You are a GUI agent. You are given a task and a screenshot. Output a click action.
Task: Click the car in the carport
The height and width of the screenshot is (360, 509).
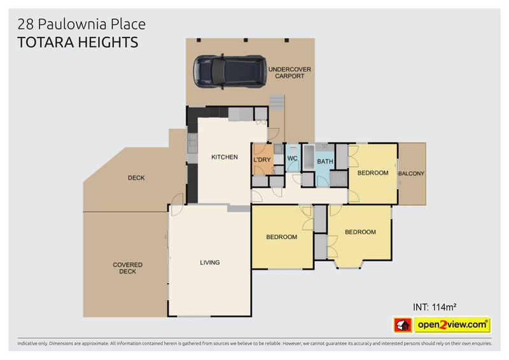pyautogui.click(x=230, y=72)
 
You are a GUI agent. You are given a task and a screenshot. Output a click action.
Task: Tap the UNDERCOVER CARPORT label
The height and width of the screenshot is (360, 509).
pyautogui.click(x=289, y=73)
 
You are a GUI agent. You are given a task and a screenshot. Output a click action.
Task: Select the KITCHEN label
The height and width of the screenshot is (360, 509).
pyautogui.click(x=225, y=157)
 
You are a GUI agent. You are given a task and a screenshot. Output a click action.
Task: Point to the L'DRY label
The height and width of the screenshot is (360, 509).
pyautogui.click(x=261, y=160)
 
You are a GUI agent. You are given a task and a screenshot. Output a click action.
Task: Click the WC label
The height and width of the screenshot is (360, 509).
pyautogui.click(x=292, y=158)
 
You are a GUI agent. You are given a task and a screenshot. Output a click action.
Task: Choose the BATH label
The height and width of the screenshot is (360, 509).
pyautogui.click(x=325, y=162)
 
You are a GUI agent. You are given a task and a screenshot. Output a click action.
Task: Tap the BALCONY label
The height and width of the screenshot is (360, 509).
pyautogui.click(x=411, y=174)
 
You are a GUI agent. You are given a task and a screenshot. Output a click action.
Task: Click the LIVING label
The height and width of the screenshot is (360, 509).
pyautogui.click(x=210, y=262)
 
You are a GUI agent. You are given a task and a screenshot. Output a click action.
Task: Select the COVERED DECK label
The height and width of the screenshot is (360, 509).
pyautogui.click(x=128, y=268)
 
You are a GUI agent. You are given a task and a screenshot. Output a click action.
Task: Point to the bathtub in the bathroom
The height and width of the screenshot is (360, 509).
pyautogui.click(x=309, y=158)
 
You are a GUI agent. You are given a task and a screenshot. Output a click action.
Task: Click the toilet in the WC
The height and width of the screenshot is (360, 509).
pyautogui.click(x=293, y=149)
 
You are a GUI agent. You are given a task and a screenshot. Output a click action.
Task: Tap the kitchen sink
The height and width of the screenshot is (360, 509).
pyautogui.click(x=193, y=143)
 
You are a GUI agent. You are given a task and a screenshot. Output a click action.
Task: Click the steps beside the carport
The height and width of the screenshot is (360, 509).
pyautogui.click(x=277, y=102)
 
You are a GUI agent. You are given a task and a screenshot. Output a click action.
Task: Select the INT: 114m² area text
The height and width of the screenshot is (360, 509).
pyautogui.click(x=435, y=307)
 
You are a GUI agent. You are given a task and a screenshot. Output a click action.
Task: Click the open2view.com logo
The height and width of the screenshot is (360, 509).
pyautogui.click(x=452, y=324)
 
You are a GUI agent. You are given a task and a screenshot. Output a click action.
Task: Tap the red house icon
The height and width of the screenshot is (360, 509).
pyautogui.click(x=403, y=325)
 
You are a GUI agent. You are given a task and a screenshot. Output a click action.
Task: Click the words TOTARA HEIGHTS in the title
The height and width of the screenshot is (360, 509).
pyautogui.click(x=78, y=43)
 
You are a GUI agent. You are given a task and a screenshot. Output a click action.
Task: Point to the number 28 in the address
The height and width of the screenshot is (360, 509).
pyautogui.click(x=25, y=24)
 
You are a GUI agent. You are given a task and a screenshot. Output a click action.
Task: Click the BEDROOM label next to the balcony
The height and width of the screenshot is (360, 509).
pyautogui.click(x=373, y=173)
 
